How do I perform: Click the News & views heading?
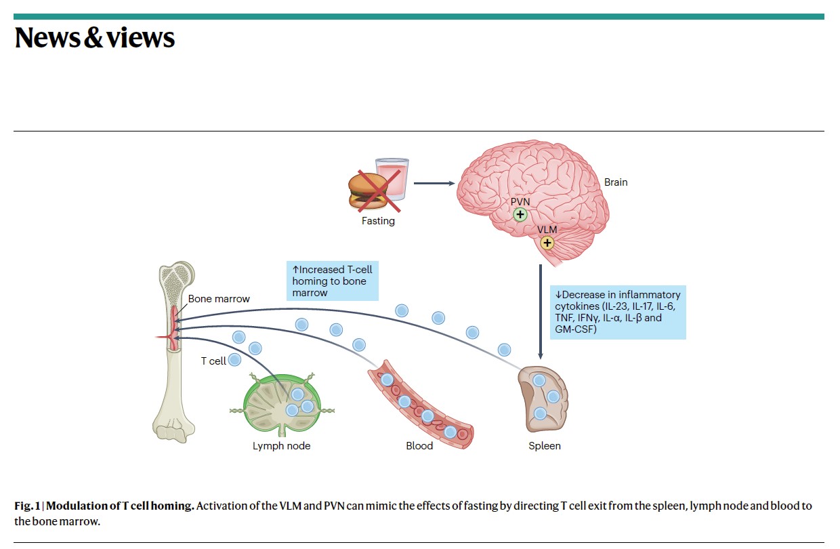point(94,38)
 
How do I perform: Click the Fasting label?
point(378,221)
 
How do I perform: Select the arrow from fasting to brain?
point(434,183)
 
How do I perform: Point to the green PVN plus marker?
point(520,214)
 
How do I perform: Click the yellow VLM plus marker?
point(547,243)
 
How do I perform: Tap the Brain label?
point(616,182)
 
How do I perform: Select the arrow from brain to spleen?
point(541,312)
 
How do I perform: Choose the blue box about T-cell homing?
point(332,281)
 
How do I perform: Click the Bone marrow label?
point(219,299)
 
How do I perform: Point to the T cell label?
point(213,361)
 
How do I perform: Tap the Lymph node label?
point(281,446)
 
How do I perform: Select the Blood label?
point(419,446)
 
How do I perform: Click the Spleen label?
point(545,446)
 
